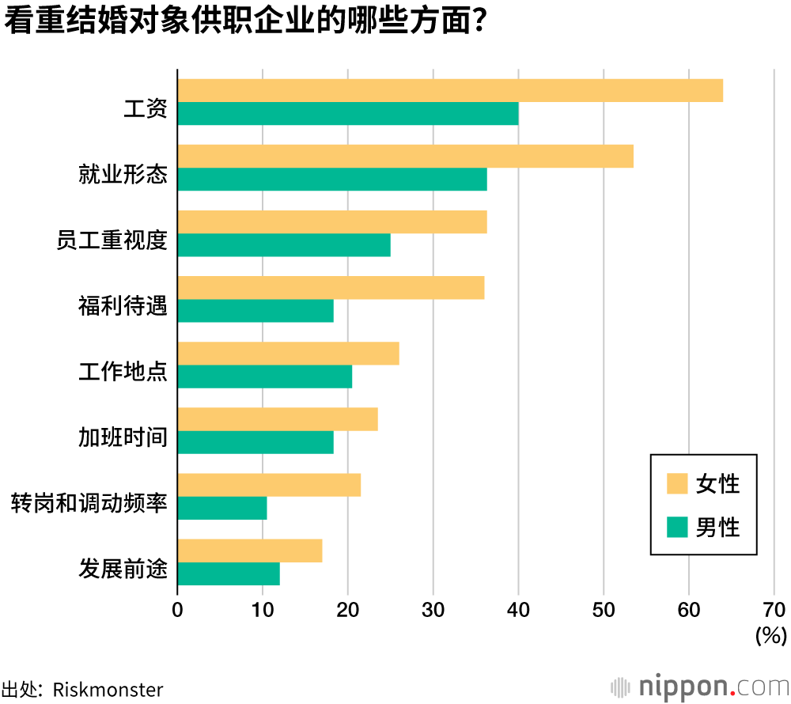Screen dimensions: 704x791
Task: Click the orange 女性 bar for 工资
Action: point(450,91)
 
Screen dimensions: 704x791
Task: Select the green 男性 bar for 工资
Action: point(348,114)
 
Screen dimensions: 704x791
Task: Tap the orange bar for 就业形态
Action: point(405,157)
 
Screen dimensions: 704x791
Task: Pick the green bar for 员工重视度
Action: point(284,245)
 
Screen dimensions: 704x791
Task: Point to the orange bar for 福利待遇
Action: point(331,288)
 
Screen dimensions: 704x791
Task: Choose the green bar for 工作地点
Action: point(265,377)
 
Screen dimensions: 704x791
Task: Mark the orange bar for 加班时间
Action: point(278,419)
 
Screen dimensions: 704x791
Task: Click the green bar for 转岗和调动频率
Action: point(222,508)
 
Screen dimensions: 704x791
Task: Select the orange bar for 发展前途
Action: point(250,551)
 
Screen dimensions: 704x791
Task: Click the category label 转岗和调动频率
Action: point(89,503)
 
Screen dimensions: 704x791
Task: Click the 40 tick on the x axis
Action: point(518,610)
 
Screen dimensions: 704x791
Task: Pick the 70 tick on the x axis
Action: point(774,610)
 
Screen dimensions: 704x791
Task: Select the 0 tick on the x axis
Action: point(177,610)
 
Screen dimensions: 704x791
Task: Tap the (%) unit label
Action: point(771,635)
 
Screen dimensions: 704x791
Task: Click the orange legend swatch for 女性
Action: point(677,483)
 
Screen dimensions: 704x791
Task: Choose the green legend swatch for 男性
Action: point(677,527)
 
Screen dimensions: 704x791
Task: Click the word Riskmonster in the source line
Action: point(108,689)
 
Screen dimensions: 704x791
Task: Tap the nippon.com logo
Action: point(700,685)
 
